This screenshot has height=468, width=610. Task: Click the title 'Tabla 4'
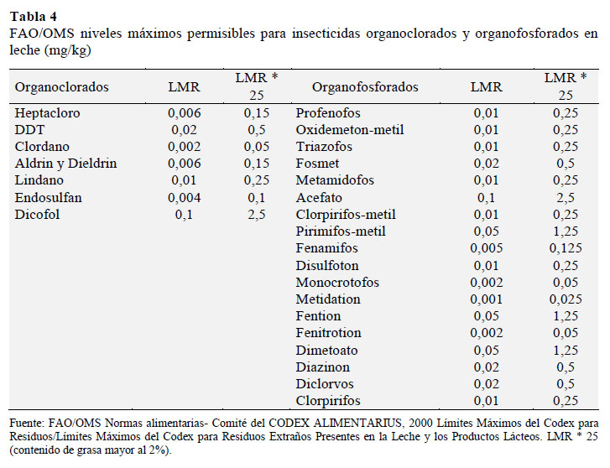click(34, 16)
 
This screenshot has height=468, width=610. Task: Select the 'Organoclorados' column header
click(61, 86)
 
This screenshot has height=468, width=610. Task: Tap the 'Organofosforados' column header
click(365, 86)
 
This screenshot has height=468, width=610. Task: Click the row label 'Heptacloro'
click(48, 113)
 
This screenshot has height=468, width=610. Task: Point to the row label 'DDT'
click(29, 129)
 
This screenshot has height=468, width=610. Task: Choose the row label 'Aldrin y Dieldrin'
click(65, 164)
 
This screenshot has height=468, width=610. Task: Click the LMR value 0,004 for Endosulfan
click(184, 198)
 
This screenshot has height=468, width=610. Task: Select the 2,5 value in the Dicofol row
click(257, 215)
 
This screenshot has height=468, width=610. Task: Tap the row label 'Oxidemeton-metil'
click(350, 129)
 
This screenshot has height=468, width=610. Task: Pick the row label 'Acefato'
click(319, 198)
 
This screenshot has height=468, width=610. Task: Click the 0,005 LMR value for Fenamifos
click(487, 247)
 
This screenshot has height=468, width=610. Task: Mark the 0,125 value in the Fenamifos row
click(566, 247)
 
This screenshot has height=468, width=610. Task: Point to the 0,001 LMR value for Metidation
click(487, 299)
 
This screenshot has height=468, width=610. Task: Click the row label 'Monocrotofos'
click(337, 282)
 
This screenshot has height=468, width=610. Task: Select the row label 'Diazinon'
click(322, 367)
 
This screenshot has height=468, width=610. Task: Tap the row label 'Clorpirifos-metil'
click(346, 215)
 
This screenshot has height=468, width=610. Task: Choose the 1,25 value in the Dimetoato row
click(566, 350)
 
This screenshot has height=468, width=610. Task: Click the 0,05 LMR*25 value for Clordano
click(257, 147)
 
